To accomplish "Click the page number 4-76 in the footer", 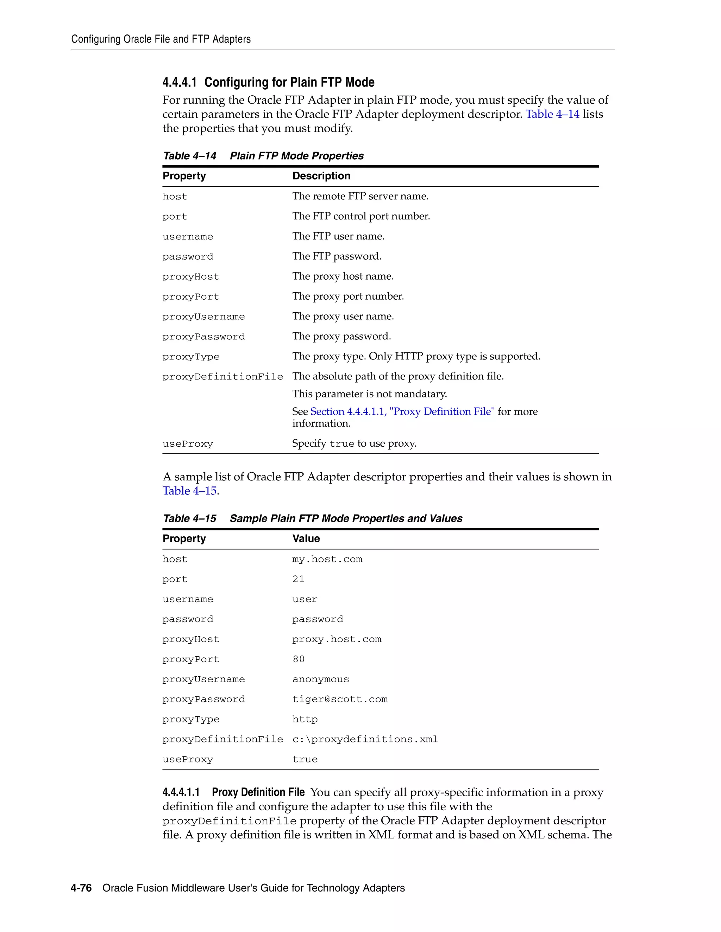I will [x=81, y=888].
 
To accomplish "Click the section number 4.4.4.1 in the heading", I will [x=180, y=82].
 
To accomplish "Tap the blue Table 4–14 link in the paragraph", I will [x=552, y=114].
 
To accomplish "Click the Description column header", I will [x=321, y=176].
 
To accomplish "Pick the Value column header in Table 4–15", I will [x=306, y=538].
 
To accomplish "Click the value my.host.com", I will [x=327, y=559].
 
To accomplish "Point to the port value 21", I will [x=298, y=579].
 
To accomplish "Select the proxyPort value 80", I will [x=298, y=659].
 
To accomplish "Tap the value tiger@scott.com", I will [x=340, y=700].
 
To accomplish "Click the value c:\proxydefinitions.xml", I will [x=365, y=740].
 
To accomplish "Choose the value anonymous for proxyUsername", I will [x=320, y=679].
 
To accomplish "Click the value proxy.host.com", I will [x=337, y=639].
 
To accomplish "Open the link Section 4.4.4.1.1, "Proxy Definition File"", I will [x=402, y=411].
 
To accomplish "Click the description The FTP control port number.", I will [x=361, y=216].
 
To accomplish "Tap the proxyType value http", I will [x=305, y=720].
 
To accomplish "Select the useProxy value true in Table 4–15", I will [x=305, y=760].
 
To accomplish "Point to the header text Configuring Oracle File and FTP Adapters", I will [x=161, y=39].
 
